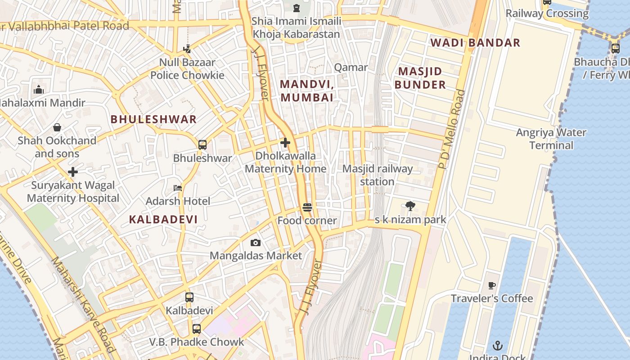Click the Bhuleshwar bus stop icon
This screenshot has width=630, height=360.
point(202,145)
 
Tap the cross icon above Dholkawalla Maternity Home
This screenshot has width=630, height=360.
point(285,143)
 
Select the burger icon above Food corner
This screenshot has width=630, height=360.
point(307,207)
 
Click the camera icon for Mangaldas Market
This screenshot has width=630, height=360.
point(255,243)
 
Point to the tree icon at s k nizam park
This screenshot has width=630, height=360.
point(410,206)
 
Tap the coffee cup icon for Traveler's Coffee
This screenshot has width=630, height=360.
point(491,285)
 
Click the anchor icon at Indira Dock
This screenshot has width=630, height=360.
point(497,346)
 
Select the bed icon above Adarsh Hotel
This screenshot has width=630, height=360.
point(178,188)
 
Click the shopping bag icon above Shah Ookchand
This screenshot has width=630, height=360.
point(57,127)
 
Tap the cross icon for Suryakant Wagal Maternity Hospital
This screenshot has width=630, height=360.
point(73,172)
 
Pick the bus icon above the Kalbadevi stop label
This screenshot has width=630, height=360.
point(189,297)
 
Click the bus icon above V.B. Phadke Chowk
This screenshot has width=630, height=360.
point(196,328)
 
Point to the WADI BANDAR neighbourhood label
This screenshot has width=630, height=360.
point(475,43)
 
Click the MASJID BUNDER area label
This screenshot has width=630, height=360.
point(420,78)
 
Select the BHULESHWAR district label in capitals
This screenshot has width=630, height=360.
point(153,119)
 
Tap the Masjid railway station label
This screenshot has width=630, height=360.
point(378,175)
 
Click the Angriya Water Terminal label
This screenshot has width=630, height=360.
point(551,139)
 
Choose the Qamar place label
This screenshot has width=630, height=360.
point(351,67)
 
